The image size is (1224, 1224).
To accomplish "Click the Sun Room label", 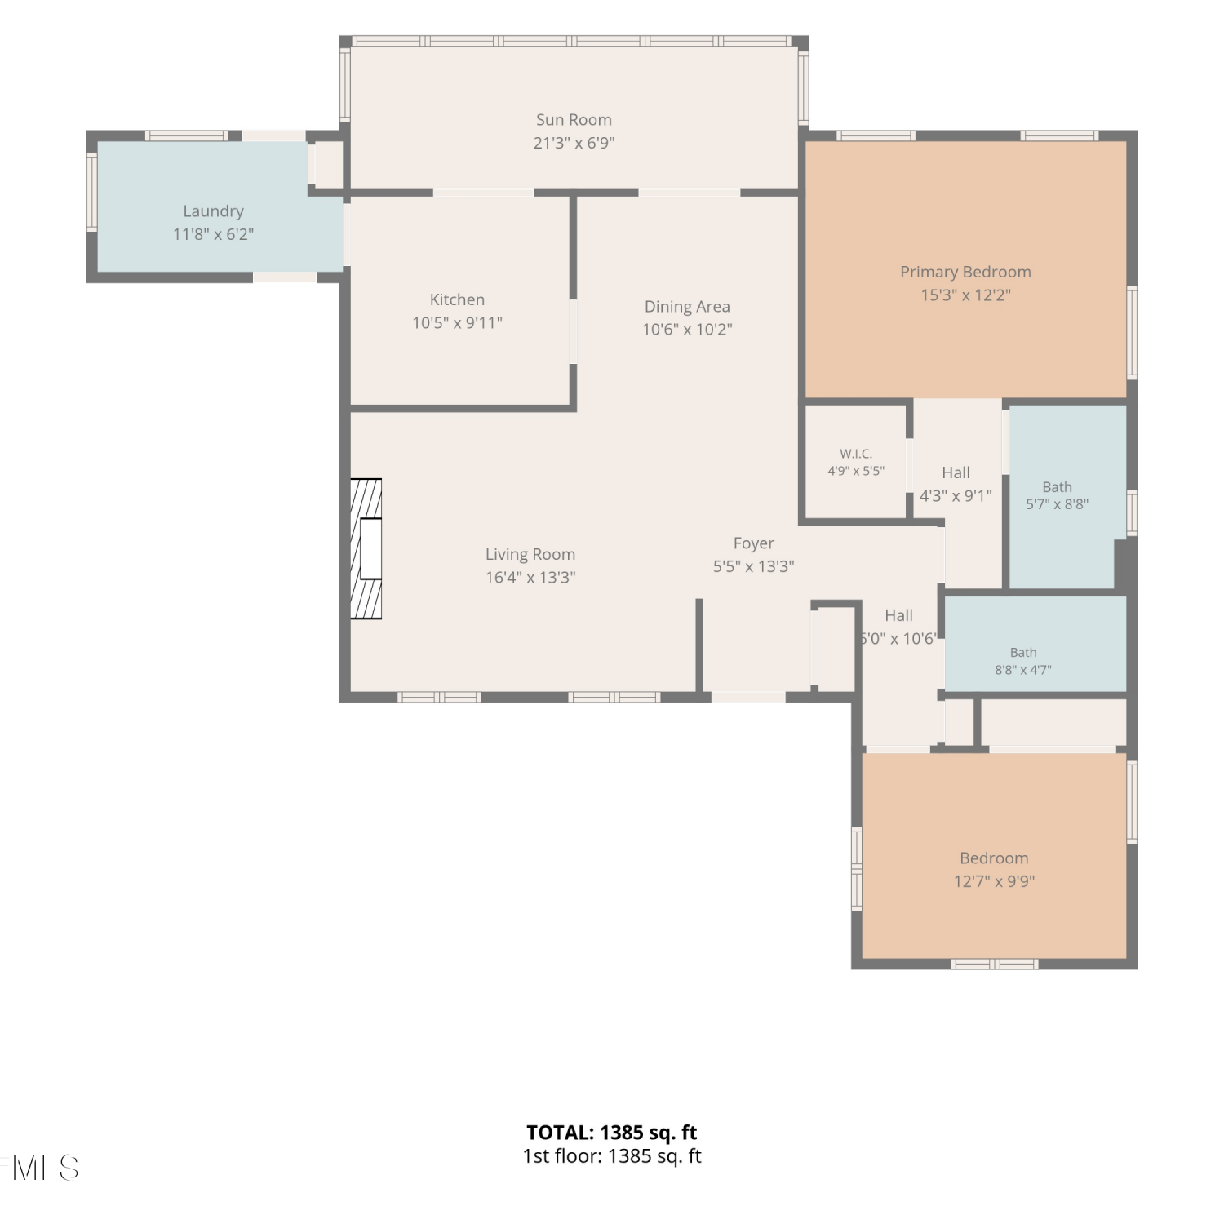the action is (574, 120).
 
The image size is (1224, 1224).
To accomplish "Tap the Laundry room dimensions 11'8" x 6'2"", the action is (213, 235).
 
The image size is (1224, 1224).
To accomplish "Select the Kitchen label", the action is (457, 300).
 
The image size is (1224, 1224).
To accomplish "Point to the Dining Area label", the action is (687, 307).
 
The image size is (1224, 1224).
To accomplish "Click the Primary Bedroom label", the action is (965, 273).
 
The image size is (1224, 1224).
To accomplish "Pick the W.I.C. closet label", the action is (856, 454).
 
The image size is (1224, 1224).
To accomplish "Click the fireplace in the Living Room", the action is (366, 548).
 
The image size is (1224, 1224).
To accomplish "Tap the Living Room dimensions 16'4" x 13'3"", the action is (530, 578).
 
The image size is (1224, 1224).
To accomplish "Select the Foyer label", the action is (753, 543).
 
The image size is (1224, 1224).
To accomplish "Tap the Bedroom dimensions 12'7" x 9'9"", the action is (994, 881).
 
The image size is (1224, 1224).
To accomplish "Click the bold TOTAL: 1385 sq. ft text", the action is (612, 1133).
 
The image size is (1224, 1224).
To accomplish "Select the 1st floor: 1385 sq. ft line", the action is (612, 1156).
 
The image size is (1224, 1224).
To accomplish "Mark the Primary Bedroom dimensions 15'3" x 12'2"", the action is (965, 295).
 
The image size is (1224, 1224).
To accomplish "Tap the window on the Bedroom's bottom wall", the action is (995, 965).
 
